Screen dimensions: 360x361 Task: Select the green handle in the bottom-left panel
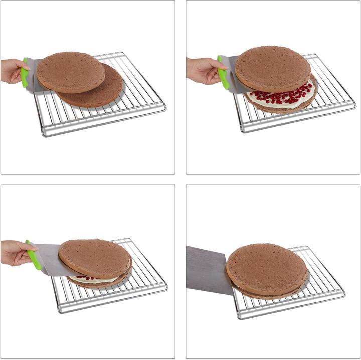coord(34,256)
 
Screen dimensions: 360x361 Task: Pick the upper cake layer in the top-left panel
coord(70,72)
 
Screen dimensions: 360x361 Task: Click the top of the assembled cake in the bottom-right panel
coord(266,268)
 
